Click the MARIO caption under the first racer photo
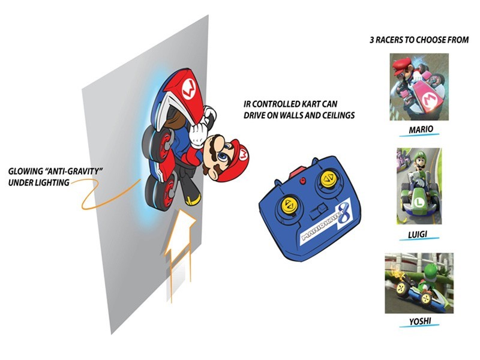(x=421, y=129)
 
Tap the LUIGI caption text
(x=418, y=235)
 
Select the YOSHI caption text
(x=420, y=322)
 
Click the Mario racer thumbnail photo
(x=419, y=87)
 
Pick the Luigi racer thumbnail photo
(x=419, y=186)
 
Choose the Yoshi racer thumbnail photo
(x=419, y=283)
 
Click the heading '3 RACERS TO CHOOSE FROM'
(x=419, y=40)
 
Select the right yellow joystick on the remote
(x=327, y=178)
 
